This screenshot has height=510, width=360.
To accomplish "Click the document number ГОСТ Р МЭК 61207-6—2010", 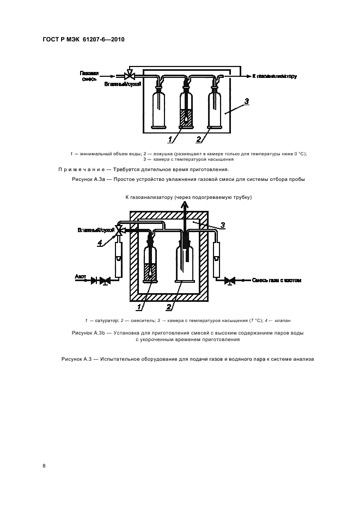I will point(83,40).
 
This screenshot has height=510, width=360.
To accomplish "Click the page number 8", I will point(44,466).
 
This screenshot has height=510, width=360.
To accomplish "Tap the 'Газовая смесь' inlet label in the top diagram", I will point(89,76).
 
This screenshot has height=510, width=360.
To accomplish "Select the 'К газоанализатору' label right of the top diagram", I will point(274,76).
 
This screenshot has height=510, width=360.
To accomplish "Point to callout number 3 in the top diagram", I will point(246,101).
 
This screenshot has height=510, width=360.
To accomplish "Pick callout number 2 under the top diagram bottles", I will point(199,139).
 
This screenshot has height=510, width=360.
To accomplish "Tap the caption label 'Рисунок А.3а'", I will point(88,179).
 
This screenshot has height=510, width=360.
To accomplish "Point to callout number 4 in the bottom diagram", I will point(100,244).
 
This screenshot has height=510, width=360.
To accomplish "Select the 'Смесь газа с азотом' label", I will point(276,281).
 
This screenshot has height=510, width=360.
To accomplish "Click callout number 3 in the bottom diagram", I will point(222,224).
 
